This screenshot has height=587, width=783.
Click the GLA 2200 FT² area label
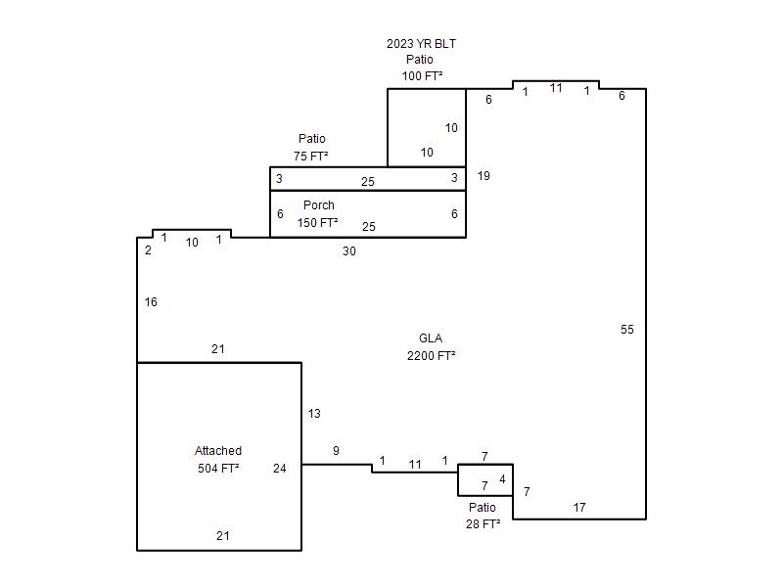(431, 347)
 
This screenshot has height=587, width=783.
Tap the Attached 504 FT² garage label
(218, 459)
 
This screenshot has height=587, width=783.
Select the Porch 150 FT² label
(318, 213)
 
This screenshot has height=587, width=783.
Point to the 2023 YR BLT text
(421, 44)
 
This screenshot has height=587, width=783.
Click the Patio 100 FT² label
(421, 68)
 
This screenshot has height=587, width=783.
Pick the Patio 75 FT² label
(311, 148)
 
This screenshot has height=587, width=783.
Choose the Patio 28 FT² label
(483, 516)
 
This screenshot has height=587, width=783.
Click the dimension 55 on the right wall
(627, 330)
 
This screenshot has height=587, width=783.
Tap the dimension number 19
(484, 176)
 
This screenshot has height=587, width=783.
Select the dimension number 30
(349, 251)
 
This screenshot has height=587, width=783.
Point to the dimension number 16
(151, 302)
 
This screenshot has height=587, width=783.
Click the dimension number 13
(314, 413)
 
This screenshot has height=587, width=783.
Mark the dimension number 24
(280, 469)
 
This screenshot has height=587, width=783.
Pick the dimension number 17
(579, 508)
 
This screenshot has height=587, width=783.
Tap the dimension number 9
(336, 451)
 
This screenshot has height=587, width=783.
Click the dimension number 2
(148, 250)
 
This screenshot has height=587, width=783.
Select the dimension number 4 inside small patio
(502, 479)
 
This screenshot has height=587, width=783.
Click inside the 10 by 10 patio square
(427, 128)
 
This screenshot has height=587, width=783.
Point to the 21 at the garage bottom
(223, 535)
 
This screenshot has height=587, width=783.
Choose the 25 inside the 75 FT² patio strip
(368, 182)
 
